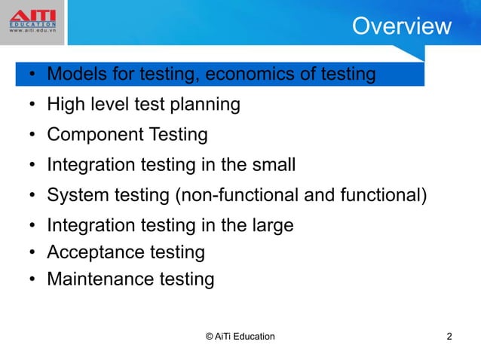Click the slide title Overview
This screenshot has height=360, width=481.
tap(401, 26)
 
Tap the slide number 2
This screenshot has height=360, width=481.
tap(449, 336)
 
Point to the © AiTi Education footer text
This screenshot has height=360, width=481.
tap(240, 336)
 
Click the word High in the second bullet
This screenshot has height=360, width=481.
tap(63, 105)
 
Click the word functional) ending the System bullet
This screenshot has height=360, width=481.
tap(381, 196)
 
